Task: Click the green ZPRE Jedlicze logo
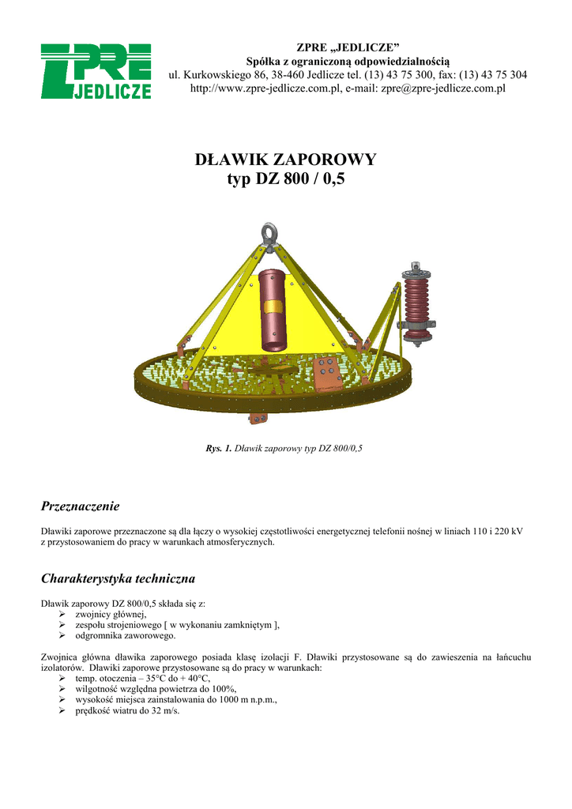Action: pyautogui.click(x=96, y=72)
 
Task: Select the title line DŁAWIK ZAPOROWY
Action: pyautogui.click(x=286, y=160)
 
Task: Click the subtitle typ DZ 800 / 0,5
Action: pyautogui.click(x=286, y=180)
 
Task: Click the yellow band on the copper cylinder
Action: pyautogui.click(x=273, y=307)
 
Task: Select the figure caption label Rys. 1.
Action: pyautogui.click(x=218, y=449)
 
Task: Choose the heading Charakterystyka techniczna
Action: pyautogui.click(x=118, y=578)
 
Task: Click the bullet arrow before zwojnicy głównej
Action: pyautogui.click(x=64, y=613)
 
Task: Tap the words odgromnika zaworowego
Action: pyautogui.click(x=126, y=634)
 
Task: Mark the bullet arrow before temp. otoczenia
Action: pyautogui.click(x=64, y=678)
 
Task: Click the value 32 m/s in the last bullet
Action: pyautogui.click(x=165, y=710)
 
